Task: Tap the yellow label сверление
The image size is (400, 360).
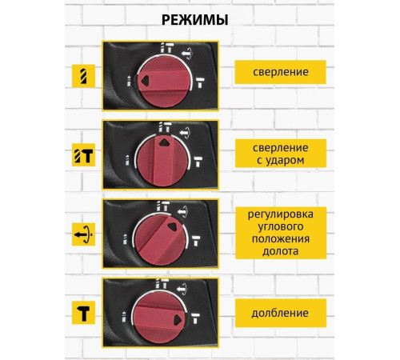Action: [280, 72]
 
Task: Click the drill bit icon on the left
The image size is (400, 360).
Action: [83, 74]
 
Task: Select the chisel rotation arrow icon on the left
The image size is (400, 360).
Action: [83, 234]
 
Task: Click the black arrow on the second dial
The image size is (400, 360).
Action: [163, 139]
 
